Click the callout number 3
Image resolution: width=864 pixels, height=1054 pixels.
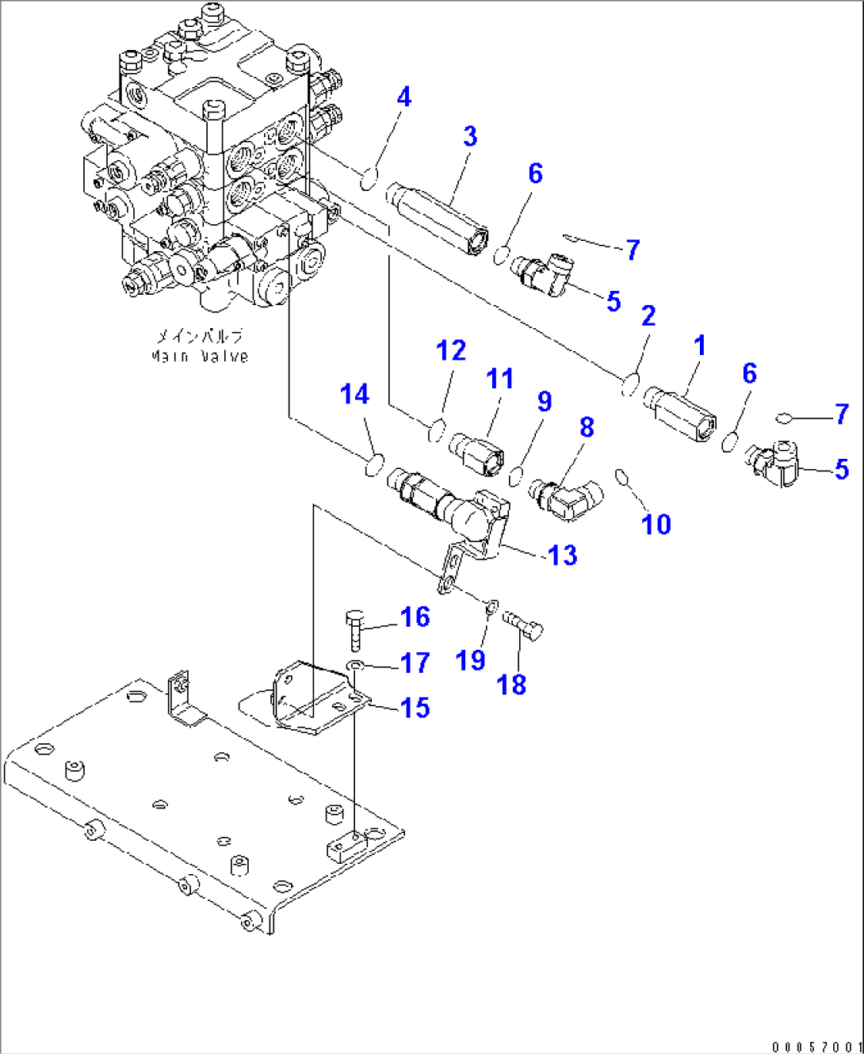coord(470,136)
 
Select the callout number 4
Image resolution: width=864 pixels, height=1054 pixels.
coord(404,97)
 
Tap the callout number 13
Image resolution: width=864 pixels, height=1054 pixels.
coord(563,556)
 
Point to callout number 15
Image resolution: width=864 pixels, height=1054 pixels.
coord(415,708)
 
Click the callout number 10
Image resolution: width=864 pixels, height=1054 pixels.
coord(656,525)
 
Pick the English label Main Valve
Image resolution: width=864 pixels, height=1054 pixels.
coord(200,357)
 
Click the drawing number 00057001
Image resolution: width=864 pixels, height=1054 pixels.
coord(816,1047)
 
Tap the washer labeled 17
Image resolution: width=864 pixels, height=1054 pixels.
coord(355,664)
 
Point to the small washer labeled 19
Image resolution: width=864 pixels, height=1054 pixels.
coord(491,608)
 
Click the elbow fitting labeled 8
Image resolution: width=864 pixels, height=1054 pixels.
coord(566,498)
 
